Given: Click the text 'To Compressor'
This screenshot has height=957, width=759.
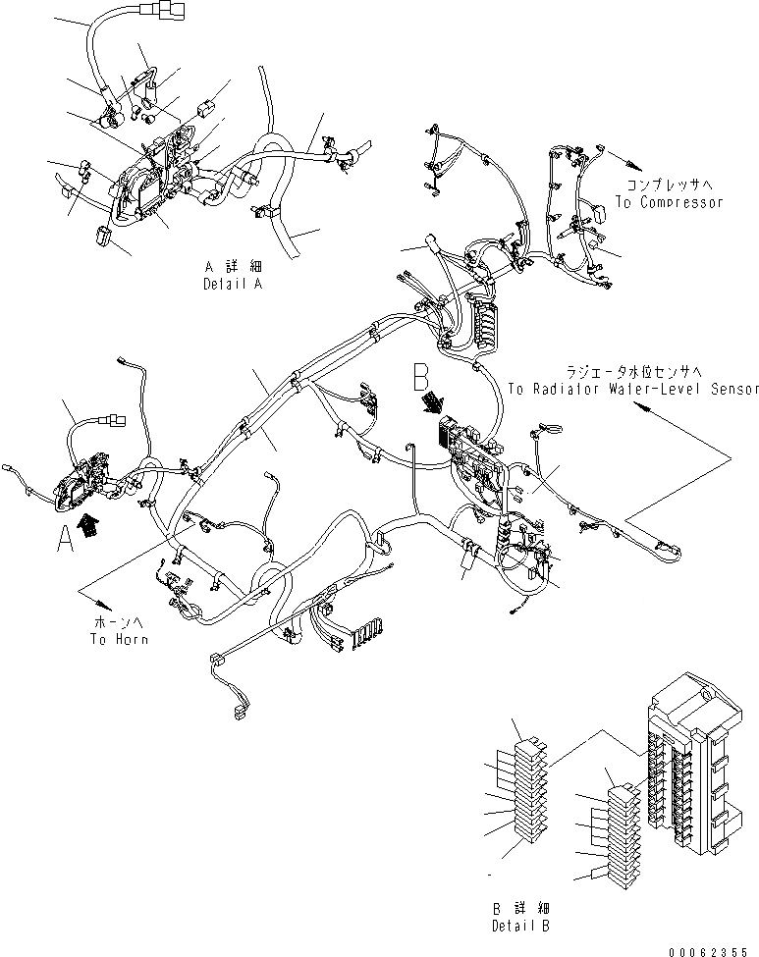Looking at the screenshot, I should coord(669,202).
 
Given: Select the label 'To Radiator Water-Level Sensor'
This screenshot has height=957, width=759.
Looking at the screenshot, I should coord(633,389).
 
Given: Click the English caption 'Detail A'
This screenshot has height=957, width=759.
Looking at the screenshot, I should coord(235,284).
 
